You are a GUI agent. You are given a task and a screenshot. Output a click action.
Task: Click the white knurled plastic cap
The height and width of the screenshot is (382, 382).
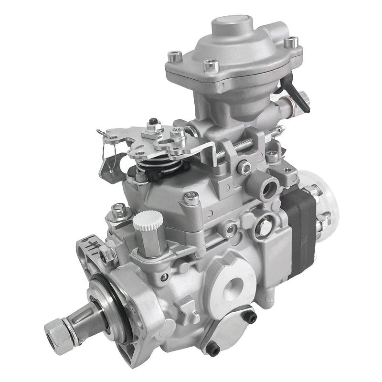point(148,220)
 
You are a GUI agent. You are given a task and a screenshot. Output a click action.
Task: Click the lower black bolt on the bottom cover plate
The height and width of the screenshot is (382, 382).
point(213,349)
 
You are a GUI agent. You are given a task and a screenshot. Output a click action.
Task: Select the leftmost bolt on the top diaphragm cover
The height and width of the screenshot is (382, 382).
point(174,57)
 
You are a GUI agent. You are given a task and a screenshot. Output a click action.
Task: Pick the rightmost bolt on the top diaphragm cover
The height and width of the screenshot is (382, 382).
point(291,42)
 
